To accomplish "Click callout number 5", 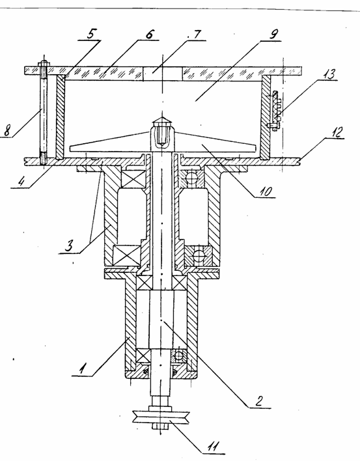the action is pos(90,34).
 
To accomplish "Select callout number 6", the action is pos(150,34).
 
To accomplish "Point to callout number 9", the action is pos(273,34).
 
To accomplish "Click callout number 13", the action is pos(329,74).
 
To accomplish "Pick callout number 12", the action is pos(336,132).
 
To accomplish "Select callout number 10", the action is pos(266,191).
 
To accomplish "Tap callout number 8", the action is pos(7,130).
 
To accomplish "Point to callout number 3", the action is pos(68,245).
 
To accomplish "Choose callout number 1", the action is pos(83,369).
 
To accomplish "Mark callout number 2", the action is pos(258,400).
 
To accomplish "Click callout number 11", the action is pos(212,447).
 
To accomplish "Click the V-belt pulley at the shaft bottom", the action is pos(160,417).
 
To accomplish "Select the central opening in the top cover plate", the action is pos(163,73).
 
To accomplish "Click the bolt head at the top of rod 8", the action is pos(44,64).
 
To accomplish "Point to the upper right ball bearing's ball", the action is pos(191,178).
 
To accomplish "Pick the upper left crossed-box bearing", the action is pos(133,178).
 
